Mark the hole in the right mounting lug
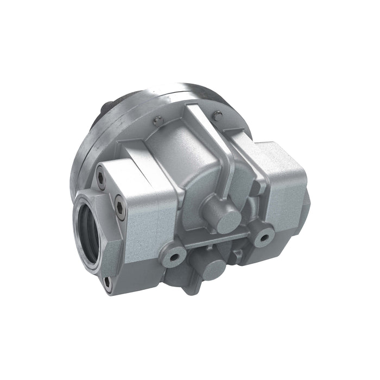pyautogui.click(x=265, y=235)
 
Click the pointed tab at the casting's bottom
pyautogui.click(x=192, y=288)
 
